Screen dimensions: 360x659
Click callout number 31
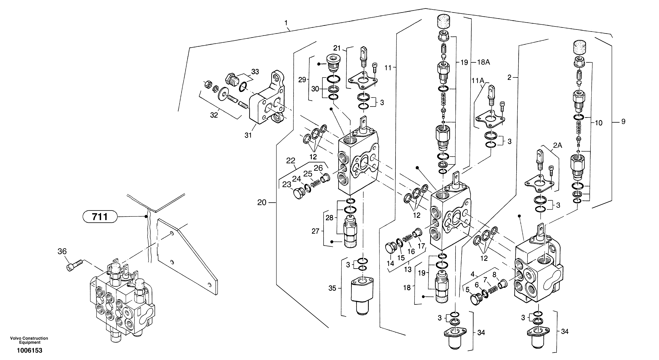click(248, 135)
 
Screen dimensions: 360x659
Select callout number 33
click(255, 72)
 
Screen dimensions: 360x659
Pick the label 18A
click(484, 62)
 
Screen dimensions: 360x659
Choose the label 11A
click(478, 81)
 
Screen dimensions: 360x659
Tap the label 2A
click(558, 145)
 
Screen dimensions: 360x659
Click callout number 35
click(332, 288)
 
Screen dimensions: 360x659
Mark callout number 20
click(262, 203)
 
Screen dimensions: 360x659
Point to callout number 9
click(623, 122)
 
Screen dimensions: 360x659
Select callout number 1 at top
click(286, 23)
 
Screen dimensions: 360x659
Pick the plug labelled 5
click(476, 299)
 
